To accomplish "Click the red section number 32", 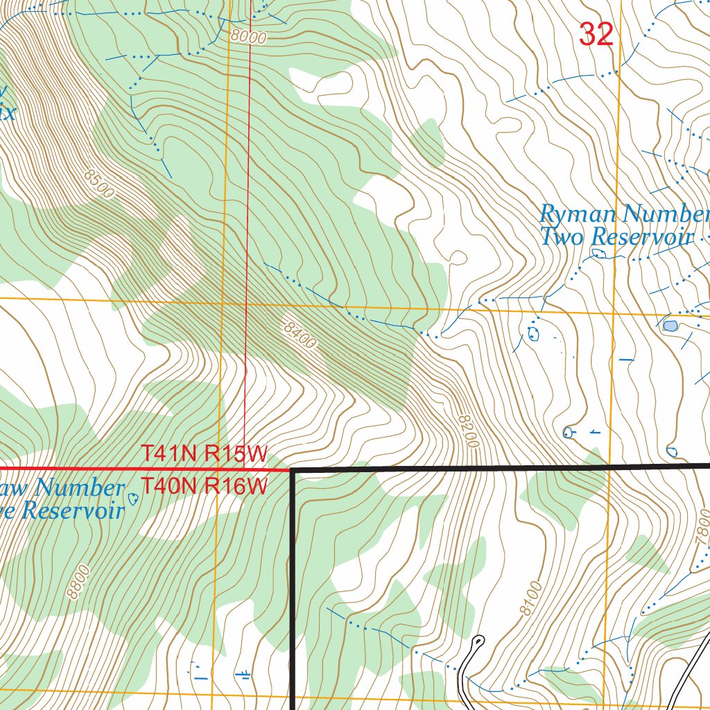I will [596, 34].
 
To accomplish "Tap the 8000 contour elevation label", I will [249, 37].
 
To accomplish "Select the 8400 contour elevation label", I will [300, 335].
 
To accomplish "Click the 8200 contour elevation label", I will [469, 430].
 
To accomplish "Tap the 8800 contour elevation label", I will [78, 582].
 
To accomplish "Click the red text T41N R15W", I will [205, 454].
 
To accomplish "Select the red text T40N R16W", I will [205, 487].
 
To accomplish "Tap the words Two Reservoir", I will [616, 238].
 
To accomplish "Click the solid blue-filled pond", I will [670, 325].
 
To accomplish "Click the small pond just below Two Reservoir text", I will [599, 254].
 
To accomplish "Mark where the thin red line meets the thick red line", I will [244, 469].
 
